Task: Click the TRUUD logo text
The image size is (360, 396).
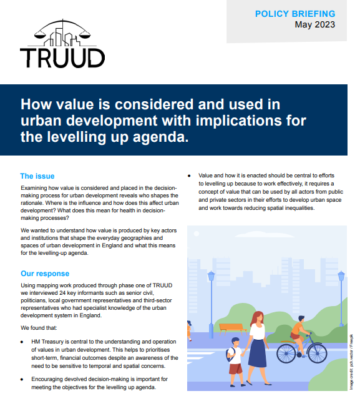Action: [62, 57]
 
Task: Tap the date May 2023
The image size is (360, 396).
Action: [314, 25]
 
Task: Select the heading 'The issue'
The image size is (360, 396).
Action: [37, 176]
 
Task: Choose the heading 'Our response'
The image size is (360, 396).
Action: [45, 274]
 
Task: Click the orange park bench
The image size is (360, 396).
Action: [231, 327]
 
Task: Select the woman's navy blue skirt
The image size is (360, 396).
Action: [256, 353]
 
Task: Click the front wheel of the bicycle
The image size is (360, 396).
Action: [315, 353]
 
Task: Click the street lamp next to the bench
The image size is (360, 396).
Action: [211, 300]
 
